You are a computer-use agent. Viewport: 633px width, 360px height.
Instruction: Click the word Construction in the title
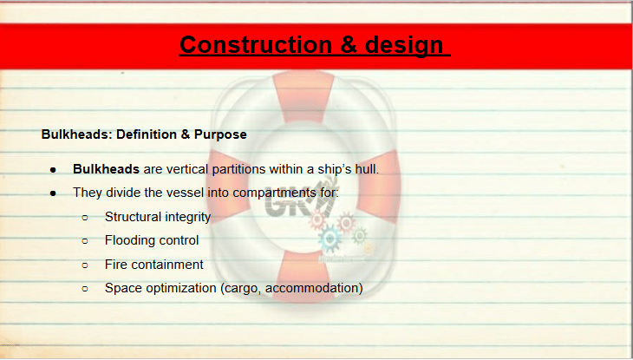(x=256, y=44)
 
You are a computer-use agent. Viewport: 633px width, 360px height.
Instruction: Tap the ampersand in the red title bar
(x=349, y=44)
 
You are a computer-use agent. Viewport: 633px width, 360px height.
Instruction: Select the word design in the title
(x=404, y=46)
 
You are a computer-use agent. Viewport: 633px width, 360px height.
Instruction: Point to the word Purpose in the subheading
(x=220, y=134)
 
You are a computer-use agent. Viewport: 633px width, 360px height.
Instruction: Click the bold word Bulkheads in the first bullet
(x=106, y=169)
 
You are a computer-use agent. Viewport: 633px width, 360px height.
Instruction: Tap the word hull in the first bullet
(x=367, y=169)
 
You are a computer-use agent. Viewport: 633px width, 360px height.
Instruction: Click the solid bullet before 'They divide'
(x=53, y=193)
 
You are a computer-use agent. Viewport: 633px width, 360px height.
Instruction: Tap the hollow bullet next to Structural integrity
(x=85, y=218)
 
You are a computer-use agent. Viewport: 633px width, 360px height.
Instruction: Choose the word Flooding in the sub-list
(x=128, y=241)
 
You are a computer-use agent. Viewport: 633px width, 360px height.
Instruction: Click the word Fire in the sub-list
(x=116, y=265)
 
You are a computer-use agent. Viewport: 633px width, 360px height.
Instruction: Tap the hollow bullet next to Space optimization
(x=85, y=289)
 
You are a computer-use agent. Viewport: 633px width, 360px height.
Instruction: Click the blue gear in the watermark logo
(x=330, y=239)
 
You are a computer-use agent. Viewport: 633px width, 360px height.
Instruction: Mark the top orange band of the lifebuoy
(x=303, y=97)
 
